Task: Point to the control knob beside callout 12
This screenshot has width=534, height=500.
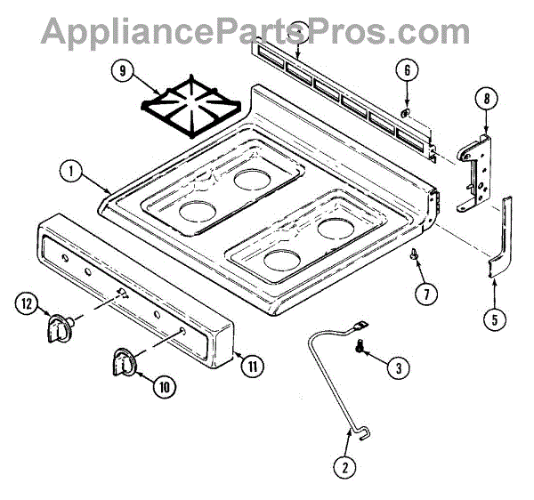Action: [60, 328]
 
